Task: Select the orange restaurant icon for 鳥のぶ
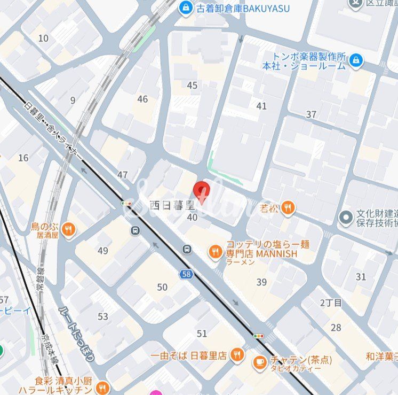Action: pos(68,230)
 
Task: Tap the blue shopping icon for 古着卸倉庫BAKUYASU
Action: pos(186,7)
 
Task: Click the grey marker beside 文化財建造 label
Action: pos(346,218)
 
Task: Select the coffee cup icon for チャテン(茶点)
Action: pos(260,362)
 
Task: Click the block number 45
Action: pos(192,86)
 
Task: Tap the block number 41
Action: pos(261,106)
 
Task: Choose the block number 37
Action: pos(311,114)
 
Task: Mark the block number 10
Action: pos(43,38)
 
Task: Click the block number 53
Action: pos(102,316)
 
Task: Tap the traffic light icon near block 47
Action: pos(126,204)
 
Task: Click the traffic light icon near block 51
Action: pos(258,336)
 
